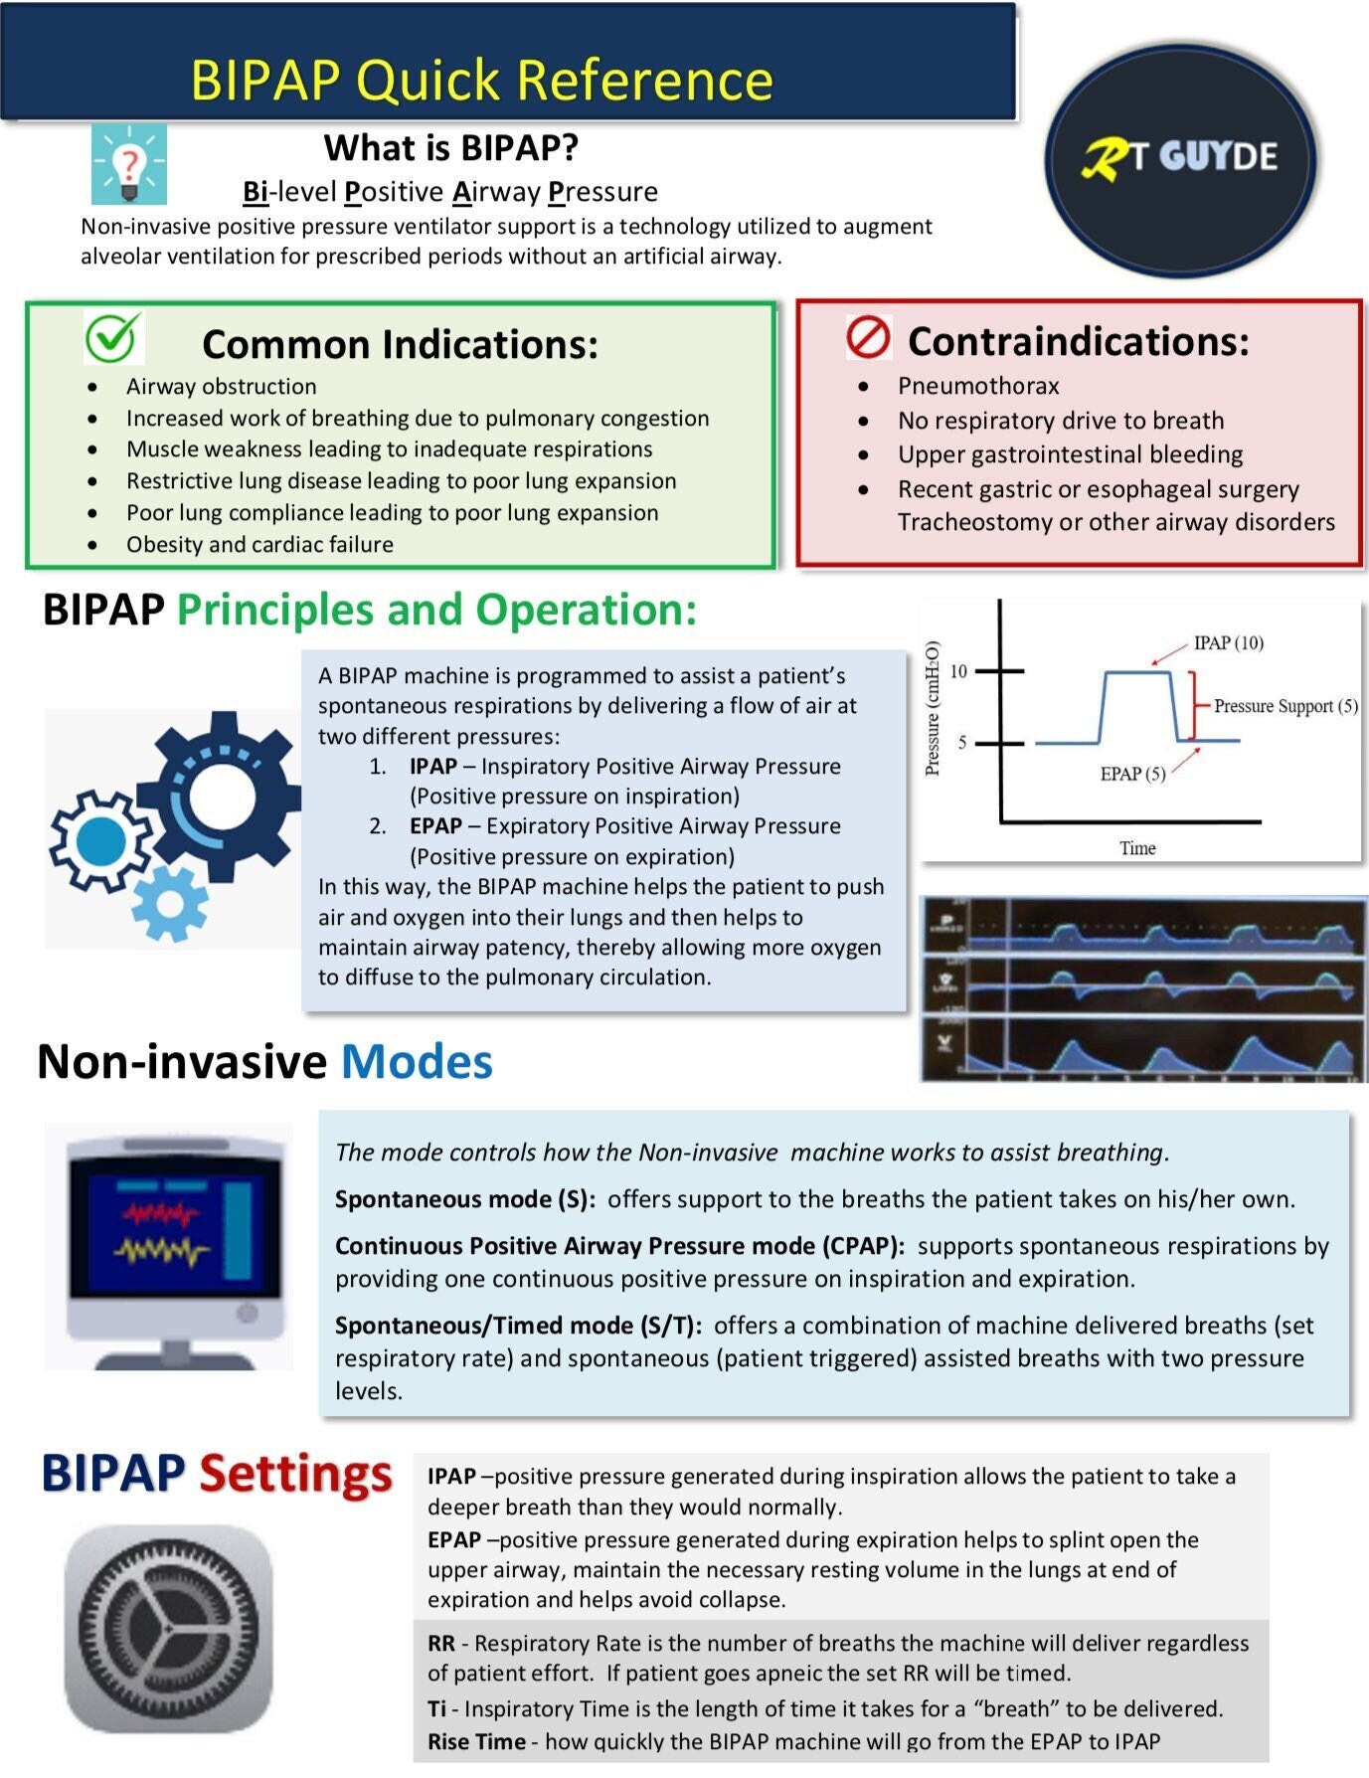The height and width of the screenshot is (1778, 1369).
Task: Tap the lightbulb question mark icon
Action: pyautogui.click(x=129, y=164)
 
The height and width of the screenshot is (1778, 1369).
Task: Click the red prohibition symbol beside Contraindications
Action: pyautogui.click(x=868, y=338)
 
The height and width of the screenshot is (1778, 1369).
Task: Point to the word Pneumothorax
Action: pyautogui.click(x=978, y=386)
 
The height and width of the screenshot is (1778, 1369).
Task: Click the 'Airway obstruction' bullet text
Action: pyautogui.click(x=221, y=387)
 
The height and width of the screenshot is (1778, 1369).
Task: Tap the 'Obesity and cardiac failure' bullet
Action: pyautogui.click(x=259, y=545)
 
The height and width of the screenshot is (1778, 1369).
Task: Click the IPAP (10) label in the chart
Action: pyautogui.click(x=1228, y=643)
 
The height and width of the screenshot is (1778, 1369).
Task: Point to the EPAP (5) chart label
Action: pyautogui.click(x=1132, y=774)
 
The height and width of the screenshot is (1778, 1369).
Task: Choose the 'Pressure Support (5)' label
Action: pyautogui.click(x=1284, y=706)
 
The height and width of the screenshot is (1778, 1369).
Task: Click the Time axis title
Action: pyautogui.click(x=1137, y=848)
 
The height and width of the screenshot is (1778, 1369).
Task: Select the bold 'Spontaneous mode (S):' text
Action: pyautogui.click(x=464, y=1199)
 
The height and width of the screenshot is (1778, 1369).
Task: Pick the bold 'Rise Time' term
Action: pyautogui.click(x=476, y=1741)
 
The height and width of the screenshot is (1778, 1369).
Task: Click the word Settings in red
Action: pyautogui.click(x=295, y=1474)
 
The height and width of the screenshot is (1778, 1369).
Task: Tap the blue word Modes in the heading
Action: pyautogui.click(x=417, y=1062)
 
